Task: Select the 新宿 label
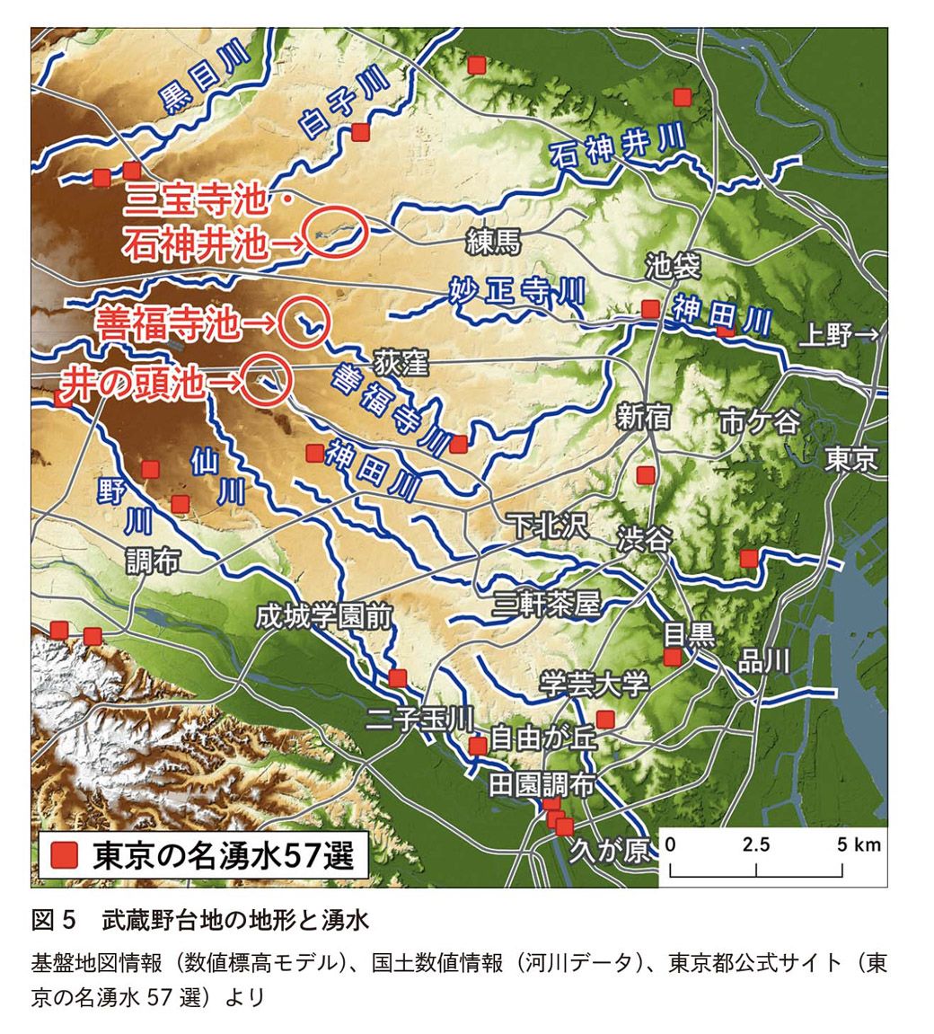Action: pos(644,416)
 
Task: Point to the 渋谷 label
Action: pos(644,539)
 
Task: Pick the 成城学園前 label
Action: pos(324,617)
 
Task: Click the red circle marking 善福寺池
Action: pos(304,322)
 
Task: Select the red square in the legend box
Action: pos(64,855)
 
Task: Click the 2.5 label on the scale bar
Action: pos(756,845)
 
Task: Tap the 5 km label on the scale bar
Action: pos(859,845)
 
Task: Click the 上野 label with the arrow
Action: pos(839,337)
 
